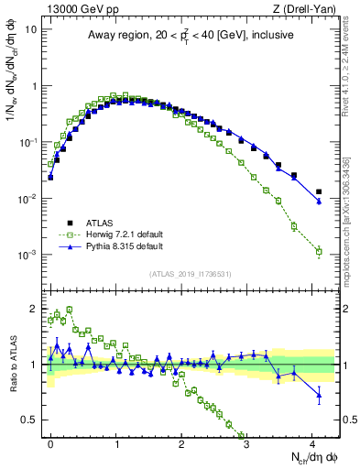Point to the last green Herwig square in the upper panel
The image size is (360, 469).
(x=319, y=251)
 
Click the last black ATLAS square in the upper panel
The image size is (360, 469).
(x=319, y=192)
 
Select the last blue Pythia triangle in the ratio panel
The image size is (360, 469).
(x=319, y=396)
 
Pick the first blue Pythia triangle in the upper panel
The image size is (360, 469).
(x=50, y=176)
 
